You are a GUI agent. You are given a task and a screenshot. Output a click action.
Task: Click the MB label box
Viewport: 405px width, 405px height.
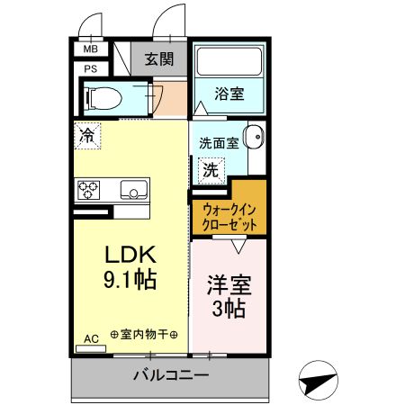coord(90,49)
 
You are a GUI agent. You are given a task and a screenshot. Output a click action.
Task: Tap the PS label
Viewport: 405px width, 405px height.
coord(90,67)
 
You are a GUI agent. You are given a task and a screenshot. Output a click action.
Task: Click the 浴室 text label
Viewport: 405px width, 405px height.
coord(229,93)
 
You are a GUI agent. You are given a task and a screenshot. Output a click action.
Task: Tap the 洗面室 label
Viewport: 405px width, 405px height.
coord(218,141)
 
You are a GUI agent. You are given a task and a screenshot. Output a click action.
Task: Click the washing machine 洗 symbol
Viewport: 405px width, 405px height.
coord(210,169)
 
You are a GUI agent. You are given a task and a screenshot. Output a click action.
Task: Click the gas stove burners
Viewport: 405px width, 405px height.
coord(89,190)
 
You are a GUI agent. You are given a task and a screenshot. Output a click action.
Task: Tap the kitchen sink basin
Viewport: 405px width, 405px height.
coord(133,190)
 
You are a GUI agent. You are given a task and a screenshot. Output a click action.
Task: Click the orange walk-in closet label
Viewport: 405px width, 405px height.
coord(228,216)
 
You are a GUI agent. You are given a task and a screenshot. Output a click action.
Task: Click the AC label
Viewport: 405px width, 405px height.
coord(91,338)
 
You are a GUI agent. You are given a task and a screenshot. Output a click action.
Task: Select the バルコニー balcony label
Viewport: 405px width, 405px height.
coord(171,375)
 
